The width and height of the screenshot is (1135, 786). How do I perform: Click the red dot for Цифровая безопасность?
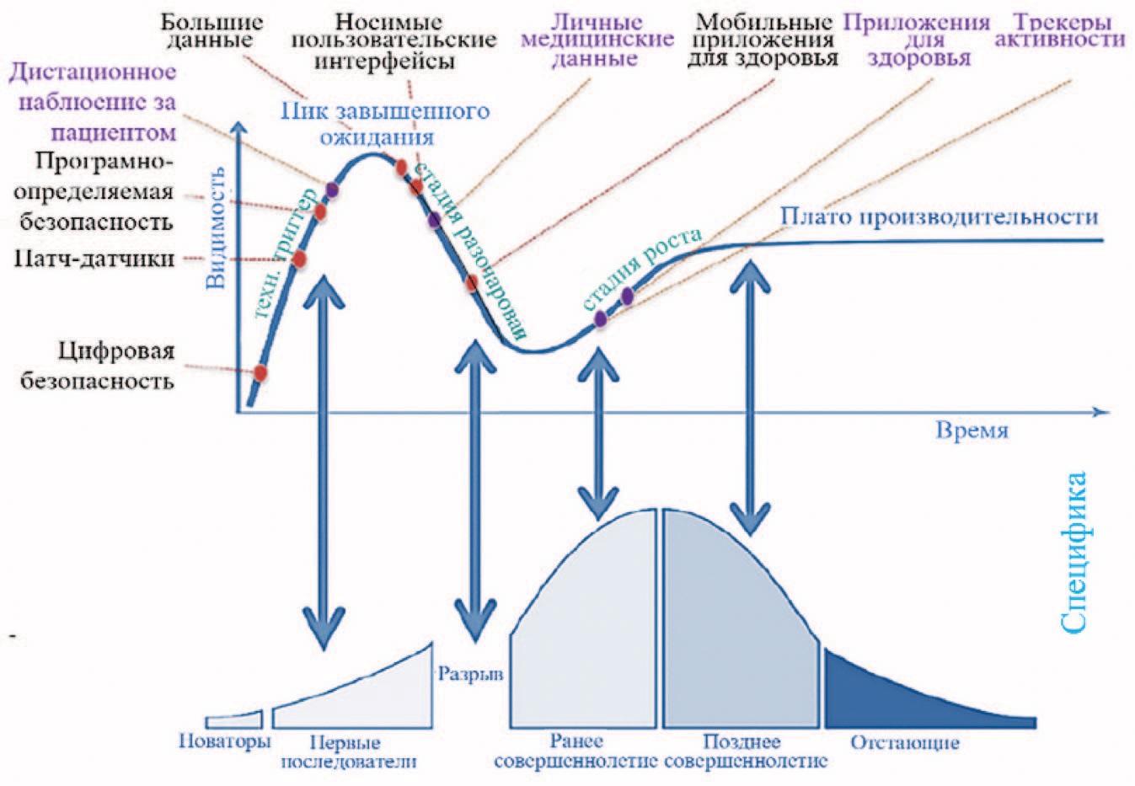tap(260, 373)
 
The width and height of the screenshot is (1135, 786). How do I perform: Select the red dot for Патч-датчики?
tap(299, 259)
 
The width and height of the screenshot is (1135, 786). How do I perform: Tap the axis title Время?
tap(972, 430)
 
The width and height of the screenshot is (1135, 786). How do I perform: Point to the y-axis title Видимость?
tap(216, 228)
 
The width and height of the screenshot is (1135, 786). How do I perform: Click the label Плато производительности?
tap(939, 217)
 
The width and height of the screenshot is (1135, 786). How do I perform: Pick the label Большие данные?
tap(211, 31)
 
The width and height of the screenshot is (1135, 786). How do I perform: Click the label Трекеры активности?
tap(1060, 31)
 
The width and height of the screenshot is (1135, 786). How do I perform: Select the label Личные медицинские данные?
tap(597, 40)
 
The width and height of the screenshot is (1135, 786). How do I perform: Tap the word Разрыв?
tap(470, 674)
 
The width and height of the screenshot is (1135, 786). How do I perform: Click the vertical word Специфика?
tap(1073, 553)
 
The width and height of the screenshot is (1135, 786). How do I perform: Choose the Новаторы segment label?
tap(225, 742)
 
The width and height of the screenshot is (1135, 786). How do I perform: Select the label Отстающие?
tap(905, 743)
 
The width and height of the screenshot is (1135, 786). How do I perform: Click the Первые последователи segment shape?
tap(353, 694)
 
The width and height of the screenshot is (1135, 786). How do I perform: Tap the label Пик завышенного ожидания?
tap(384, 125)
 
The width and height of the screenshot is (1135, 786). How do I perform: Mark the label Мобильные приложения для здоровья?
tap(763, 40)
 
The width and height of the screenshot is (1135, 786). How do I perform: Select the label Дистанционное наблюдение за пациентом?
tap(93, 102)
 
